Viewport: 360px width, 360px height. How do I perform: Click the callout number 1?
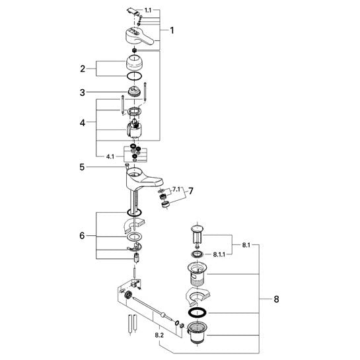172,30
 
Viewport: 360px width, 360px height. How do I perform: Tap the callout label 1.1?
148,10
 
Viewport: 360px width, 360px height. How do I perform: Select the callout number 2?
83,69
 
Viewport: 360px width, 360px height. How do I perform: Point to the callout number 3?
83,92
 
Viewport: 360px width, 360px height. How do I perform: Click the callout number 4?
83,123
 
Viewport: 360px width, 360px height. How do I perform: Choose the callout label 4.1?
110,157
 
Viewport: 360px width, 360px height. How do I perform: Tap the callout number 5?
82,167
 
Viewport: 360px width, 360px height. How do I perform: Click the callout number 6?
82,236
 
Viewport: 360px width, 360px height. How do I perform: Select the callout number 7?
191,191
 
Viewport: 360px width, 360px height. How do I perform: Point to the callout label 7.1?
176,190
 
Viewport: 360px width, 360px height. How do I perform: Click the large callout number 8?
276,299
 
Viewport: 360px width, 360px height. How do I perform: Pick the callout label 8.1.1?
219,254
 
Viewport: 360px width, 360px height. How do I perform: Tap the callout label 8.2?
159,335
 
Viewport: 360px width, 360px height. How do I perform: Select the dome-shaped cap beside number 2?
135,62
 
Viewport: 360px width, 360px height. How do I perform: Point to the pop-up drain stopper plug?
198,236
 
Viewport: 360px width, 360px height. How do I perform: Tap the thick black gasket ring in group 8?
197,312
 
